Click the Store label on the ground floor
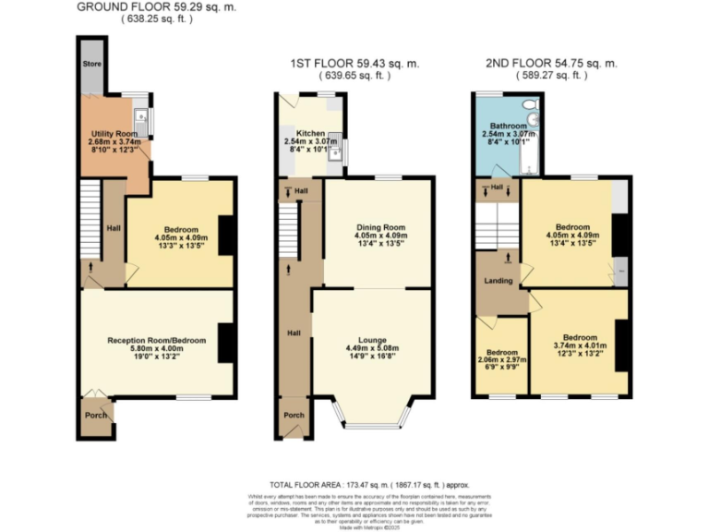(x=92, y=65)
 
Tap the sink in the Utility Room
(x=141, y=116)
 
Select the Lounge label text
(x=373, y=340)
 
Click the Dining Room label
(x=381, y=227)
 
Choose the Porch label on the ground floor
(x=96, y=415)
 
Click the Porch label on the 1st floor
(x=294, y=415)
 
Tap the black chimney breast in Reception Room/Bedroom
(x=223, y=342)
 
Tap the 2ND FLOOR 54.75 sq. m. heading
(x=551, y=64)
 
